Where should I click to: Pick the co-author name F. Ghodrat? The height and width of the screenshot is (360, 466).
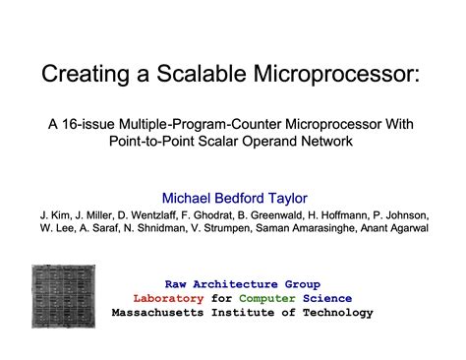[x=218, y=213]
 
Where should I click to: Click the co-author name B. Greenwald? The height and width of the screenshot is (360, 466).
[x=288, y=213]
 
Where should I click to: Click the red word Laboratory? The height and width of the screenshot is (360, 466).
[x=167, y=298]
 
